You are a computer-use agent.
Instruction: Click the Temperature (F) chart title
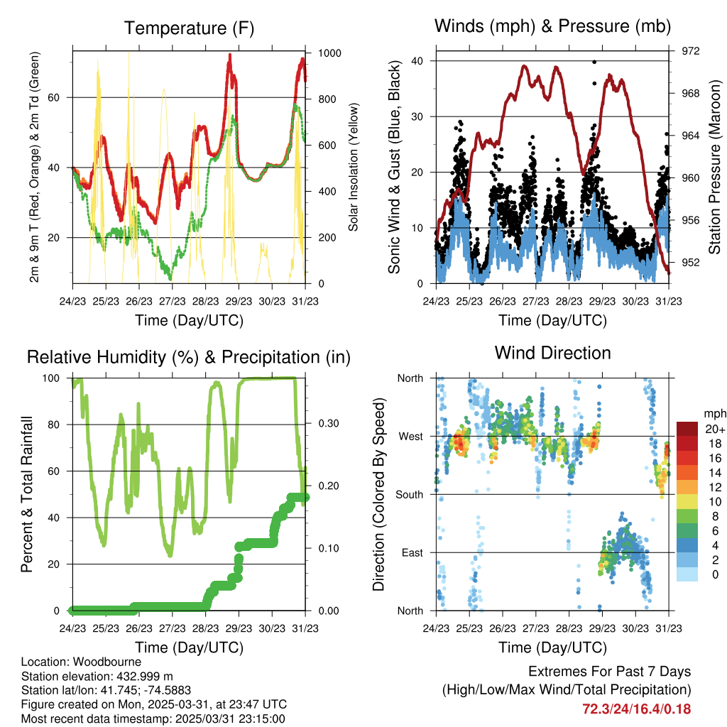pos(189,28)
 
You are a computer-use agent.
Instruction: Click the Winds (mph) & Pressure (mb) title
pos(553,27)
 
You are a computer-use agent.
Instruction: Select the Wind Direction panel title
pos(553,353)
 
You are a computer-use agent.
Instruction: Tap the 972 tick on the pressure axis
pos(691,51)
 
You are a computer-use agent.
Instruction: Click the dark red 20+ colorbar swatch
pos(687,429)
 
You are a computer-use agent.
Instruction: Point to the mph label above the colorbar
pos(713,413)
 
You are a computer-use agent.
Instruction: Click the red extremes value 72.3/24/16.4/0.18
pos(636,709)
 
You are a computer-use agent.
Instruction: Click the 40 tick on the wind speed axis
pos(418,61)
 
